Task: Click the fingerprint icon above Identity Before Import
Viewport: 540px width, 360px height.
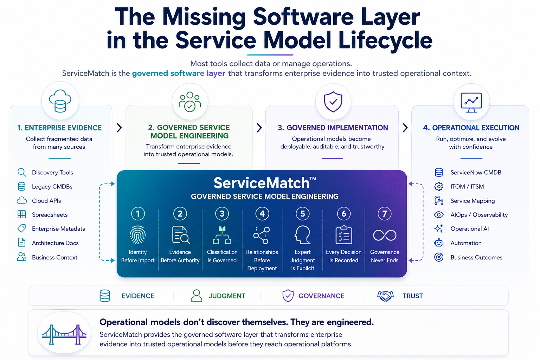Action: click(138, 235)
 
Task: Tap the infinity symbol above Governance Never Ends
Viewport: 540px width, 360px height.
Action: click(385, 235)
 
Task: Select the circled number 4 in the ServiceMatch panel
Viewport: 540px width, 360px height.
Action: click(262, 214)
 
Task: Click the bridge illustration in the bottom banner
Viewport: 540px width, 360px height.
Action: click(64, 334)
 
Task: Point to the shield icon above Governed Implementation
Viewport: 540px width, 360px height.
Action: click(333, 102)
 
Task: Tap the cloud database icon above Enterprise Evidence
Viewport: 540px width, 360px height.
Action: click(60, 101)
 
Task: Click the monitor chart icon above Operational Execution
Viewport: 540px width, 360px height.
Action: click(471, 102)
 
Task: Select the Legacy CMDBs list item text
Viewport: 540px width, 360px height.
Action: click(52, 187)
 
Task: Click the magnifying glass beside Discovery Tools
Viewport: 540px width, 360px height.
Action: click(22, 172)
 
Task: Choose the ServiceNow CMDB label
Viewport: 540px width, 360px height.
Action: click(476, 172)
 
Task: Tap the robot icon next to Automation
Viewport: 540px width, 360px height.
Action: click(439, 243)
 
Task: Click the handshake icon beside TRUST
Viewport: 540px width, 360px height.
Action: click(385, 296)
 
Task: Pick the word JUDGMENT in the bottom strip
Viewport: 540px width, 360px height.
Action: click(227, 296)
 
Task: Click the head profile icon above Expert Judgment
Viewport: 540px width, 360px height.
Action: click(302, 235)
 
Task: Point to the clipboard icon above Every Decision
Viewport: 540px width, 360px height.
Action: click(344, 235)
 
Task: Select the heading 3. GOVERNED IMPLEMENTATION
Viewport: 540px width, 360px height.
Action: click(333, 128)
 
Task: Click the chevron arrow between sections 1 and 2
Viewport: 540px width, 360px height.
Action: click(119, 128)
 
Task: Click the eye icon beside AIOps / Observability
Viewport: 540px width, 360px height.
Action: click(439, 214)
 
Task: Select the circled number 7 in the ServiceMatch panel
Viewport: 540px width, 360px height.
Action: click(385, 214)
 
